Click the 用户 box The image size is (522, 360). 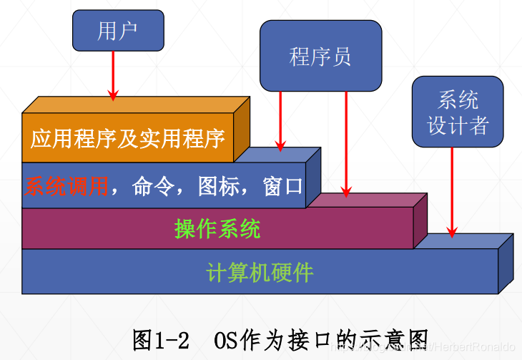pos(117,31)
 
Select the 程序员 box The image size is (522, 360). pos(320,55)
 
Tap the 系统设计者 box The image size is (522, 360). pos(458,113)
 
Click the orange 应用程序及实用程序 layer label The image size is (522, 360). pos(127,137)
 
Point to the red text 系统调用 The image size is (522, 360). pos(66,187)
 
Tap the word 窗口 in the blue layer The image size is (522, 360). pos(282,187)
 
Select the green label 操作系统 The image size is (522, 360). pos(217,229)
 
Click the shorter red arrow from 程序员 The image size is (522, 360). pos(280,118)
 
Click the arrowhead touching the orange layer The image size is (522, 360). pos(113,94)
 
